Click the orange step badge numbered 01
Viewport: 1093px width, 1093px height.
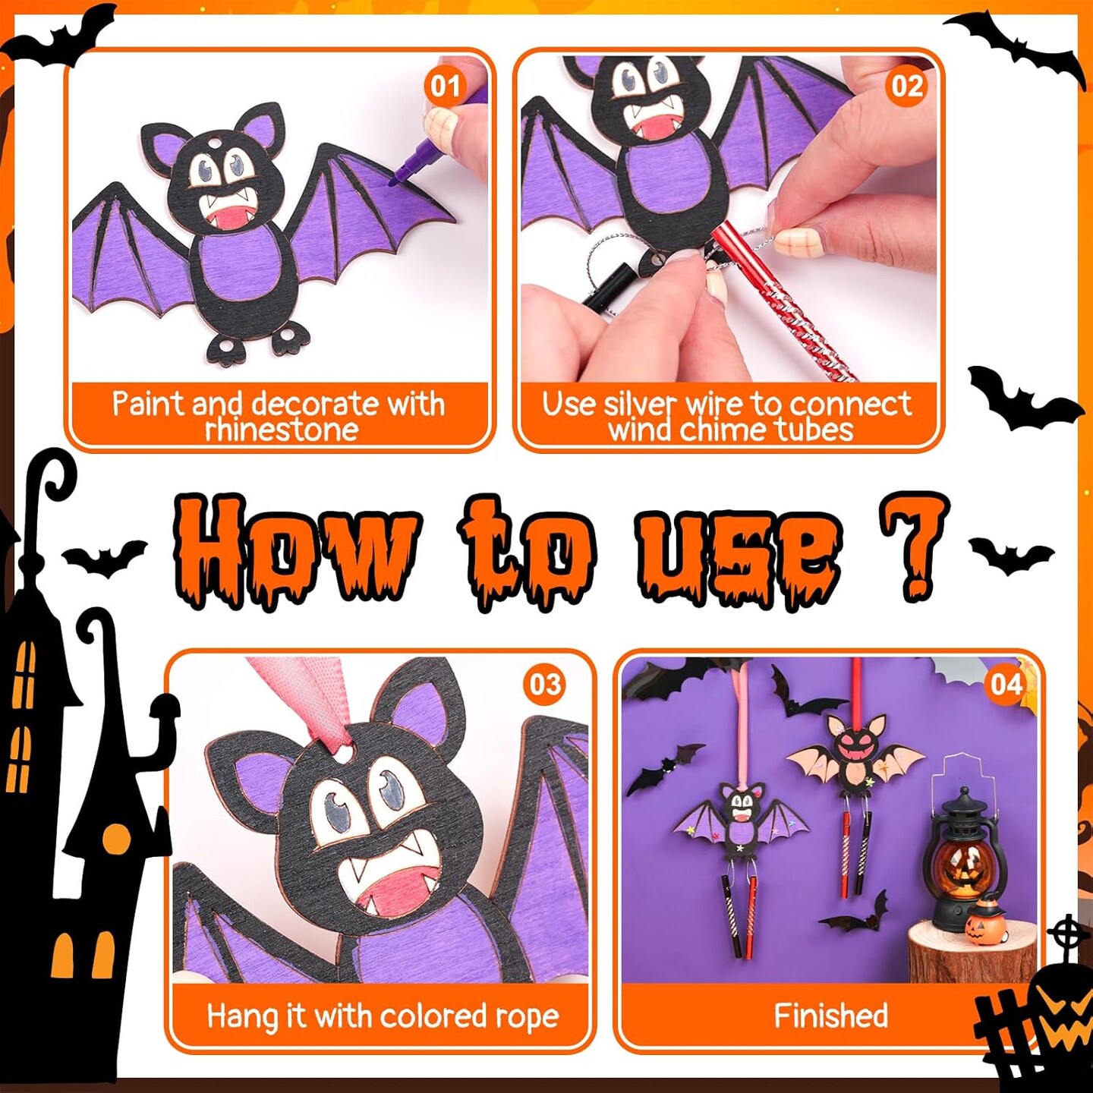point(446,87)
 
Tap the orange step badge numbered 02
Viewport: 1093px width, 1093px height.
point(907,87)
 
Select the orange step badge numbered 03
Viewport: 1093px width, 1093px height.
point(544,684)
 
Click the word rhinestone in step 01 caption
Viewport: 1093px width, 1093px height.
point(281,429)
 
